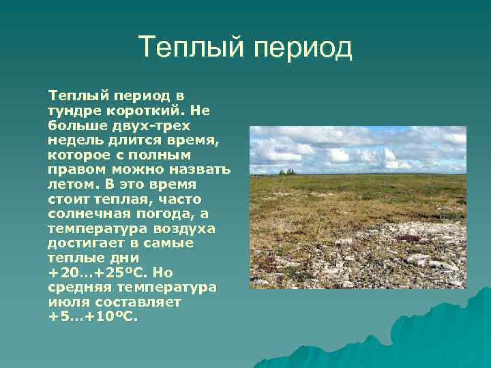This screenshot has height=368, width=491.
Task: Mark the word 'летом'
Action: [x=70, y=184]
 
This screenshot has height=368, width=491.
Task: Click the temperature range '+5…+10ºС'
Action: [x=92, y=317]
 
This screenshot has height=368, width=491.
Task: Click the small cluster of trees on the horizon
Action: [x=288, y=171]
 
